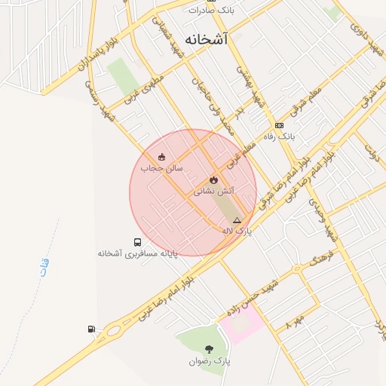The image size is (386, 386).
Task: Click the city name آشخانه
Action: (x=205, y=38)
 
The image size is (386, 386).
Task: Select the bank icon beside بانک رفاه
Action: (x=280, y=125)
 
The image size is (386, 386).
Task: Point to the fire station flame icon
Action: (x=214, y=179)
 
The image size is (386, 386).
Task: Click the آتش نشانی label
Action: (x=214, y=191)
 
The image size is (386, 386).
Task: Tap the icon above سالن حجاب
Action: (x=161, y=157)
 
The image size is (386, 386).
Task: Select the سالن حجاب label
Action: (x=164, y=169)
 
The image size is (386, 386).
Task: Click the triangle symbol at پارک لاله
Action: (x=237, y=220)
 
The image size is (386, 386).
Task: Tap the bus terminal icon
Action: (x=137, y=242)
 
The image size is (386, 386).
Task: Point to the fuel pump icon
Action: (x=91, y=329)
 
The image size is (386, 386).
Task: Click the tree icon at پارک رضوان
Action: (x=209, y=349)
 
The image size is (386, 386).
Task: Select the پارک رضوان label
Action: (x=209, y=362)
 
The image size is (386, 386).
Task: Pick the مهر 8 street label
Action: (x=297, y=320)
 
